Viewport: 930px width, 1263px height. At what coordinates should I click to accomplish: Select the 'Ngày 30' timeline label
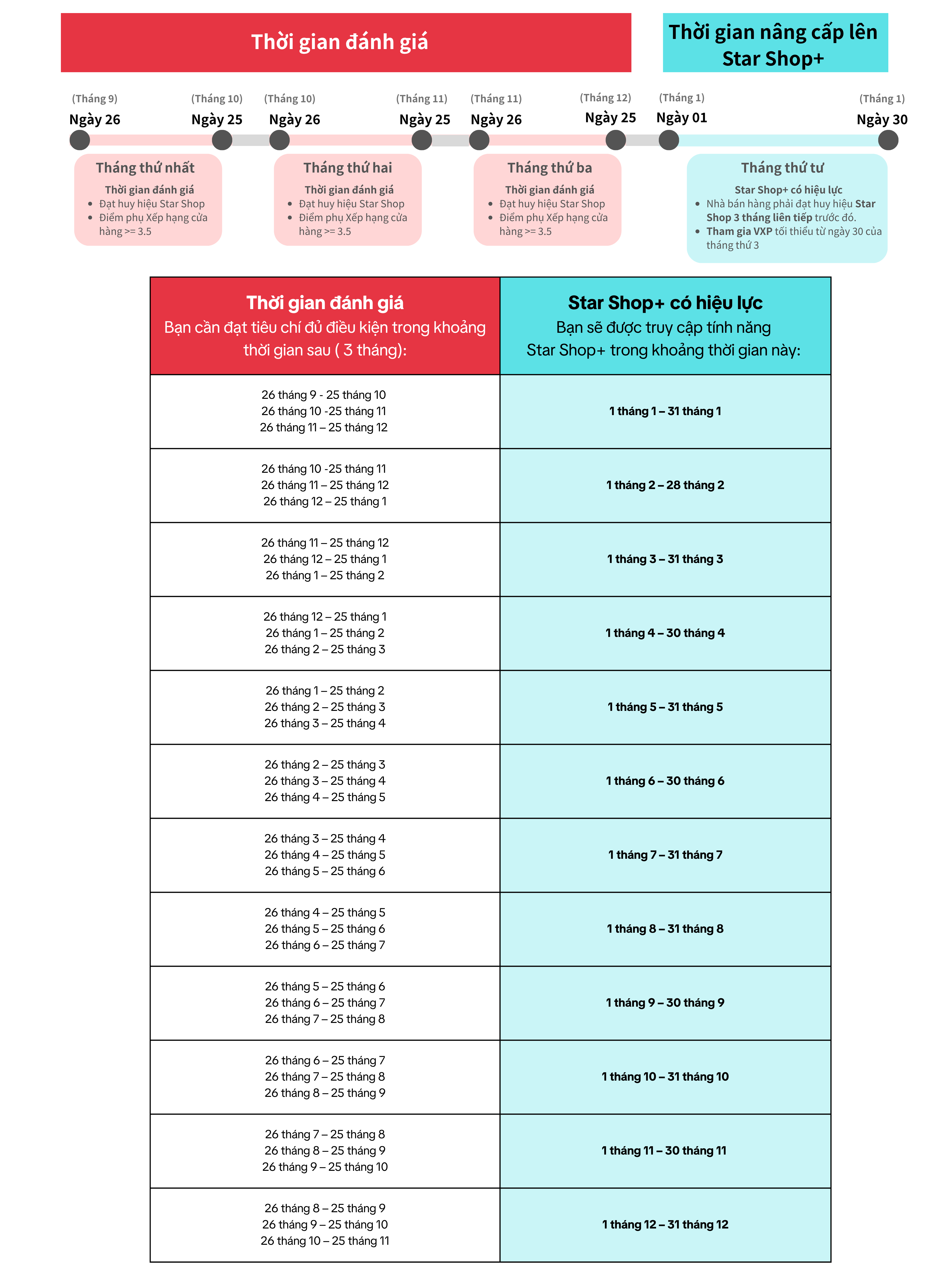(x=882, y=119)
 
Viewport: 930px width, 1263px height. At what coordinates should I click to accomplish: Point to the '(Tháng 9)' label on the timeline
(x=95, y=99)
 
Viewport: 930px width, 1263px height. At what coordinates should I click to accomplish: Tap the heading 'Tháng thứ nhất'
(x=145, y=168)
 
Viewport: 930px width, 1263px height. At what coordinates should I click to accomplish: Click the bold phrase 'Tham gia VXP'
(x=739, y=231)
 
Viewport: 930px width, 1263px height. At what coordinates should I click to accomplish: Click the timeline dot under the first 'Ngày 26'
(x=80, y=140)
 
